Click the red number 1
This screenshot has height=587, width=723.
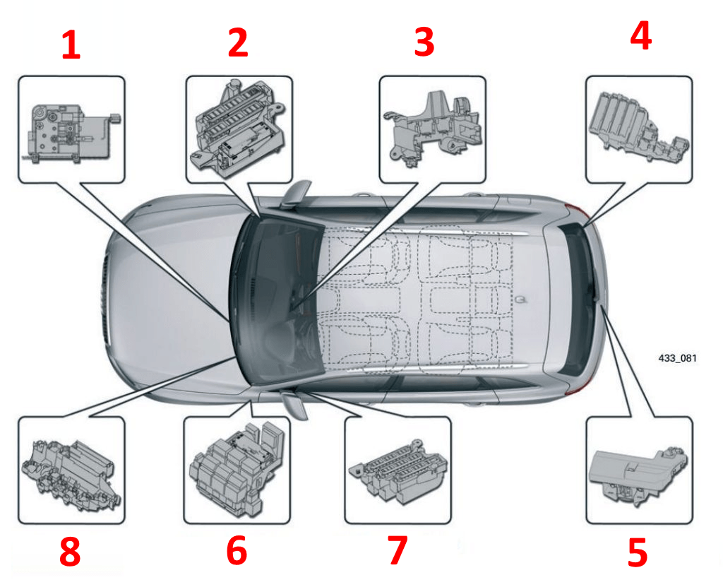71,45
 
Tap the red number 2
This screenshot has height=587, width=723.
238,42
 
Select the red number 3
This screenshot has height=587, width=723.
424,42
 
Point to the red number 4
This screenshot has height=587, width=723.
640,35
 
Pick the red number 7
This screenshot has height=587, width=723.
398,550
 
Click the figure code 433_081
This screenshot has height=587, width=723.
677,358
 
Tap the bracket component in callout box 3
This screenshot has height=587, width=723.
433,128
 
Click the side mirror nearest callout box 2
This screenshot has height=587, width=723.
295,194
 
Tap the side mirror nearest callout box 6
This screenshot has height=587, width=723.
295,404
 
